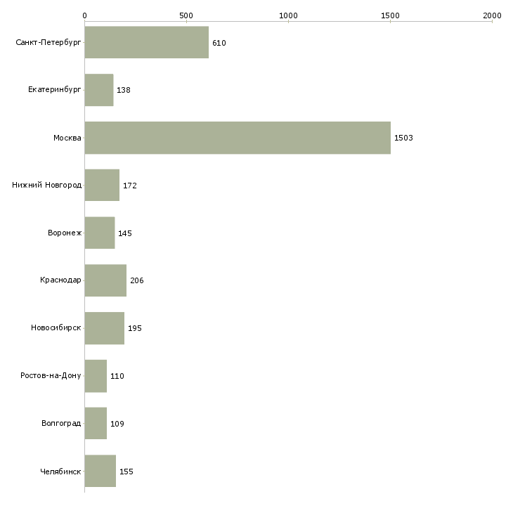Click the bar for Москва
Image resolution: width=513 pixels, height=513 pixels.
click(238, 138)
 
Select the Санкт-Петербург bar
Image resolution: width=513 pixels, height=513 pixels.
click(147, 42)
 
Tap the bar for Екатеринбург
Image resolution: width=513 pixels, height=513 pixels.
click(99, 90)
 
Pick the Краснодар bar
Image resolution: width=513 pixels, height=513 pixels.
click(105, 280)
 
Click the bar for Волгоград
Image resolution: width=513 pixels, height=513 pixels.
click(96, 423)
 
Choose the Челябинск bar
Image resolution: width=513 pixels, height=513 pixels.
click(100, 471)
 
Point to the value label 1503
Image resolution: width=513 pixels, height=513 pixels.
click(403, 138)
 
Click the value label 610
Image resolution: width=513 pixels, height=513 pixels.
click(219, 43)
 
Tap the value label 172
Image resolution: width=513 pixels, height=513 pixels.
click(130, 186)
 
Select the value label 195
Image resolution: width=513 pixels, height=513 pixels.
click(135, 328)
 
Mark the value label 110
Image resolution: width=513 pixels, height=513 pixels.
click(117, 376)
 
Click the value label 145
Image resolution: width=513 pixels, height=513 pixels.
click(125, 233)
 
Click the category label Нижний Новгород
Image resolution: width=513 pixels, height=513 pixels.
click(46, 186)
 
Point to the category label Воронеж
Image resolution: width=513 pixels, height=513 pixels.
click(65, 233)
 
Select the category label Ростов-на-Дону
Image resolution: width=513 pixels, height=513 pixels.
click(51, 375)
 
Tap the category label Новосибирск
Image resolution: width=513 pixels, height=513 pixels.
click(56, 327)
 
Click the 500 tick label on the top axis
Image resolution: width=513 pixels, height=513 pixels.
click(186, 15)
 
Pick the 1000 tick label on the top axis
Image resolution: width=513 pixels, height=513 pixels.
click(288, 15)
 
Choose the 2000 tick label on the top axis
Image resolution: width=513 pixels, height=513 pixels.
click(492, 15)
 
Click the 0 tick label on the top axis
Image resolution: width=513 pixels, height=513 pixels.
click(85, 15)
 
